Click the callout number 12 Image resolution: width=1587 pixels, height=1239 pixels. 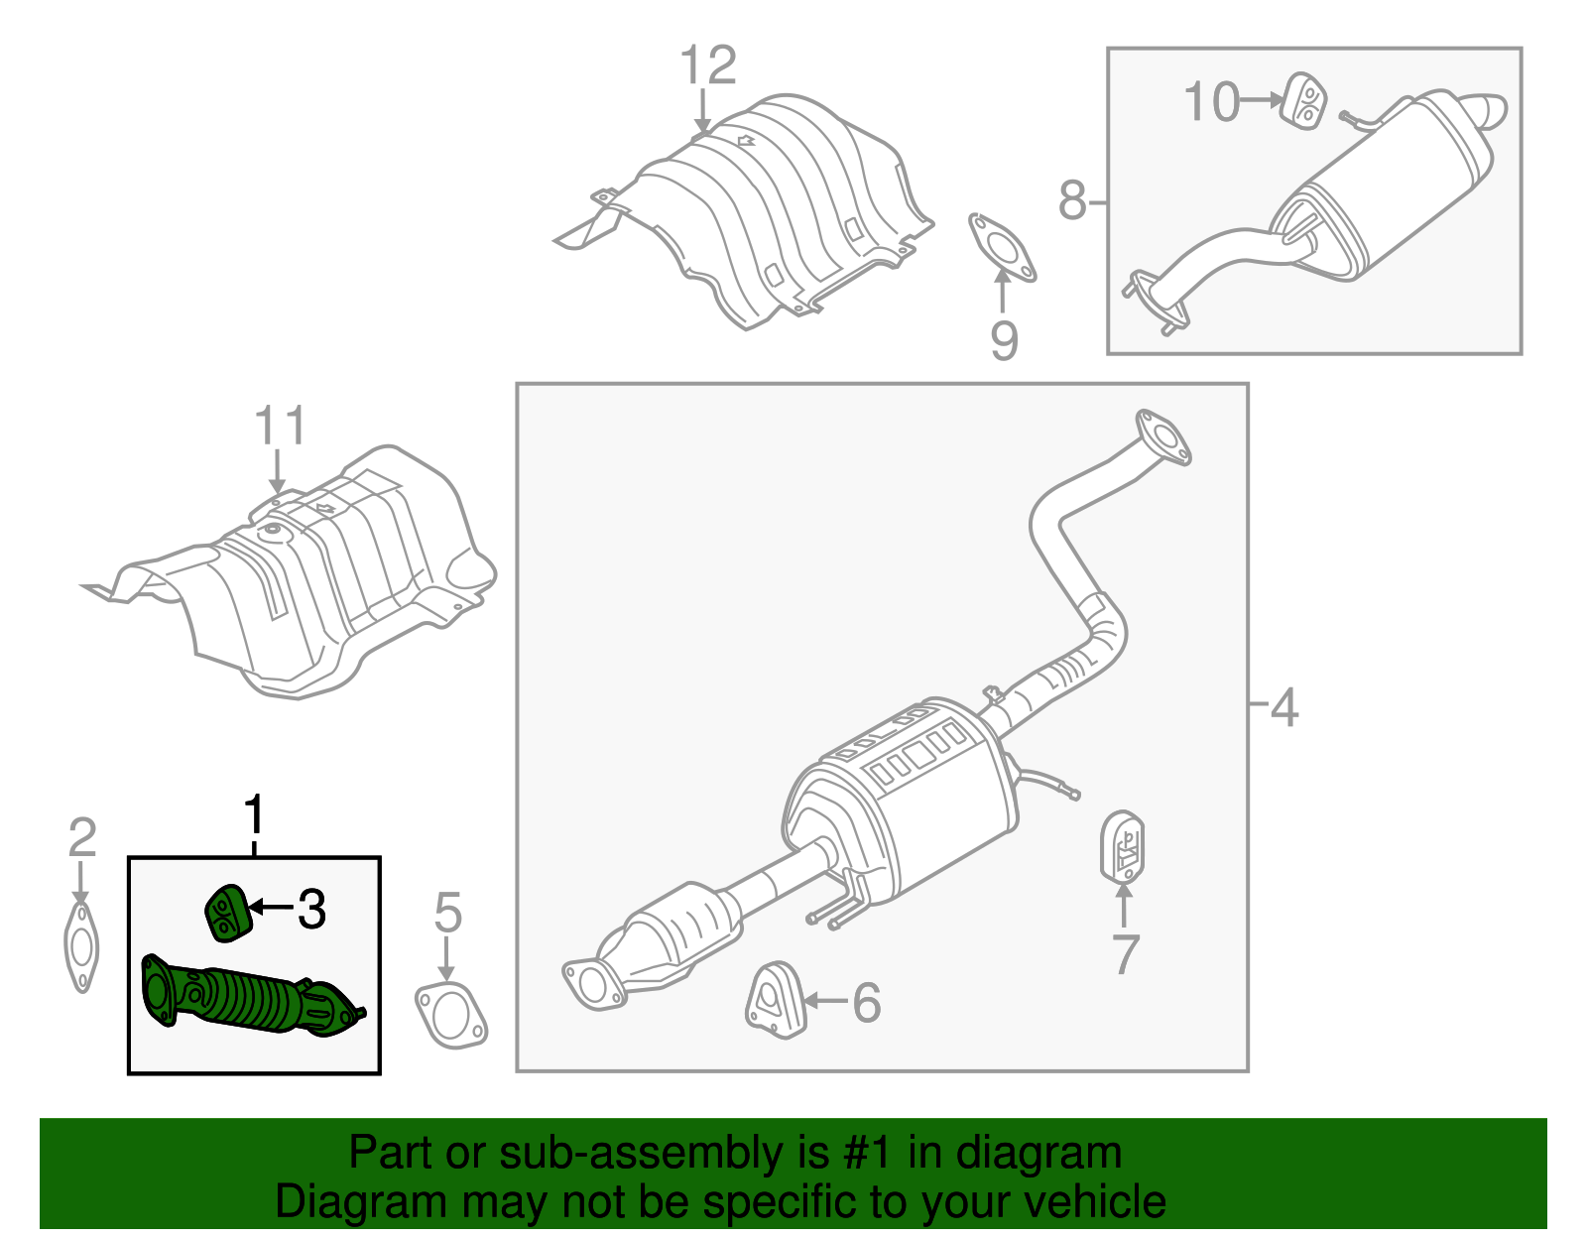[x=708, y=66]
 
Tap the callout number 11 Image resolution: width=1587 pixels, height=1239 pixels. [x=280, y=427]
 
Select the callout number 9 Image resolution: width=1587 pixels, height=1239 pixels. [x=1004, y=340]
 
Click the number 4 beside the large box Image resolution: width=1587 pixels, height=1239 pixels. [x=1283, y=708]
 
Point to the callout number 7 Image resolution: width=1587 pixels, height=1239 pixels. [x=1125, y=954]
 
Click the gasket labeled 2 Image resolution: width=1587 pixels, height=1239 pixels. [x=81, y=947]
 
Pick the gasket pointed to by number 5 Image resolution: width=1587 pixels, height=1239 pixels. [x=451, y=1016]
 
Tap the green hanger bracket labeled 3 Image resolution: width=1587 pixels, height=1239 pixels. [x=226, y=912]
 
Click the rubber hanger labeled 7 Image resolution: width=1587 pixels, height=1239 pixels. [x=1123, y=847]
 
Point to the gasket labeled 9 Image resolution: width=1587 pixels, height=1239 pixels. [x=1002, y=246]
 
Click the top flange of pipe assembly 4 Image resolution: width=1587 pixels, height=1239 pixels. [x=1162, y=436]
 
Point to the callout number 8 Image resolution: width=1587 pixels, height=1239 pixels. [x=1071, y=200]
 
